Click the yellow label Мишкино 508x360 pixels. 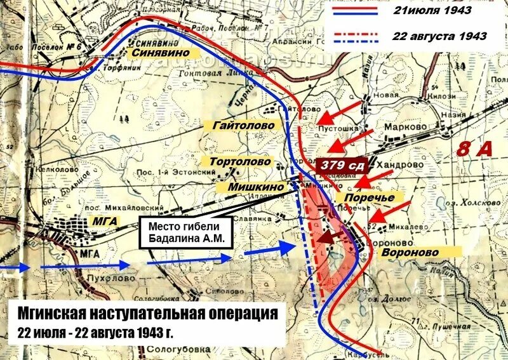258,187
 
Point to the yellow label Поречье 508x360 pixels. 369,197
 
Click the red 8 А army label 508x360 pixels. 475,149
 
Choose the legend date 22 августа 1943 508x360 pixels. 440,36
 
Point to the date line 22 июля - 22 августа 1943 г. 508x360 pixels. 95,333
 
